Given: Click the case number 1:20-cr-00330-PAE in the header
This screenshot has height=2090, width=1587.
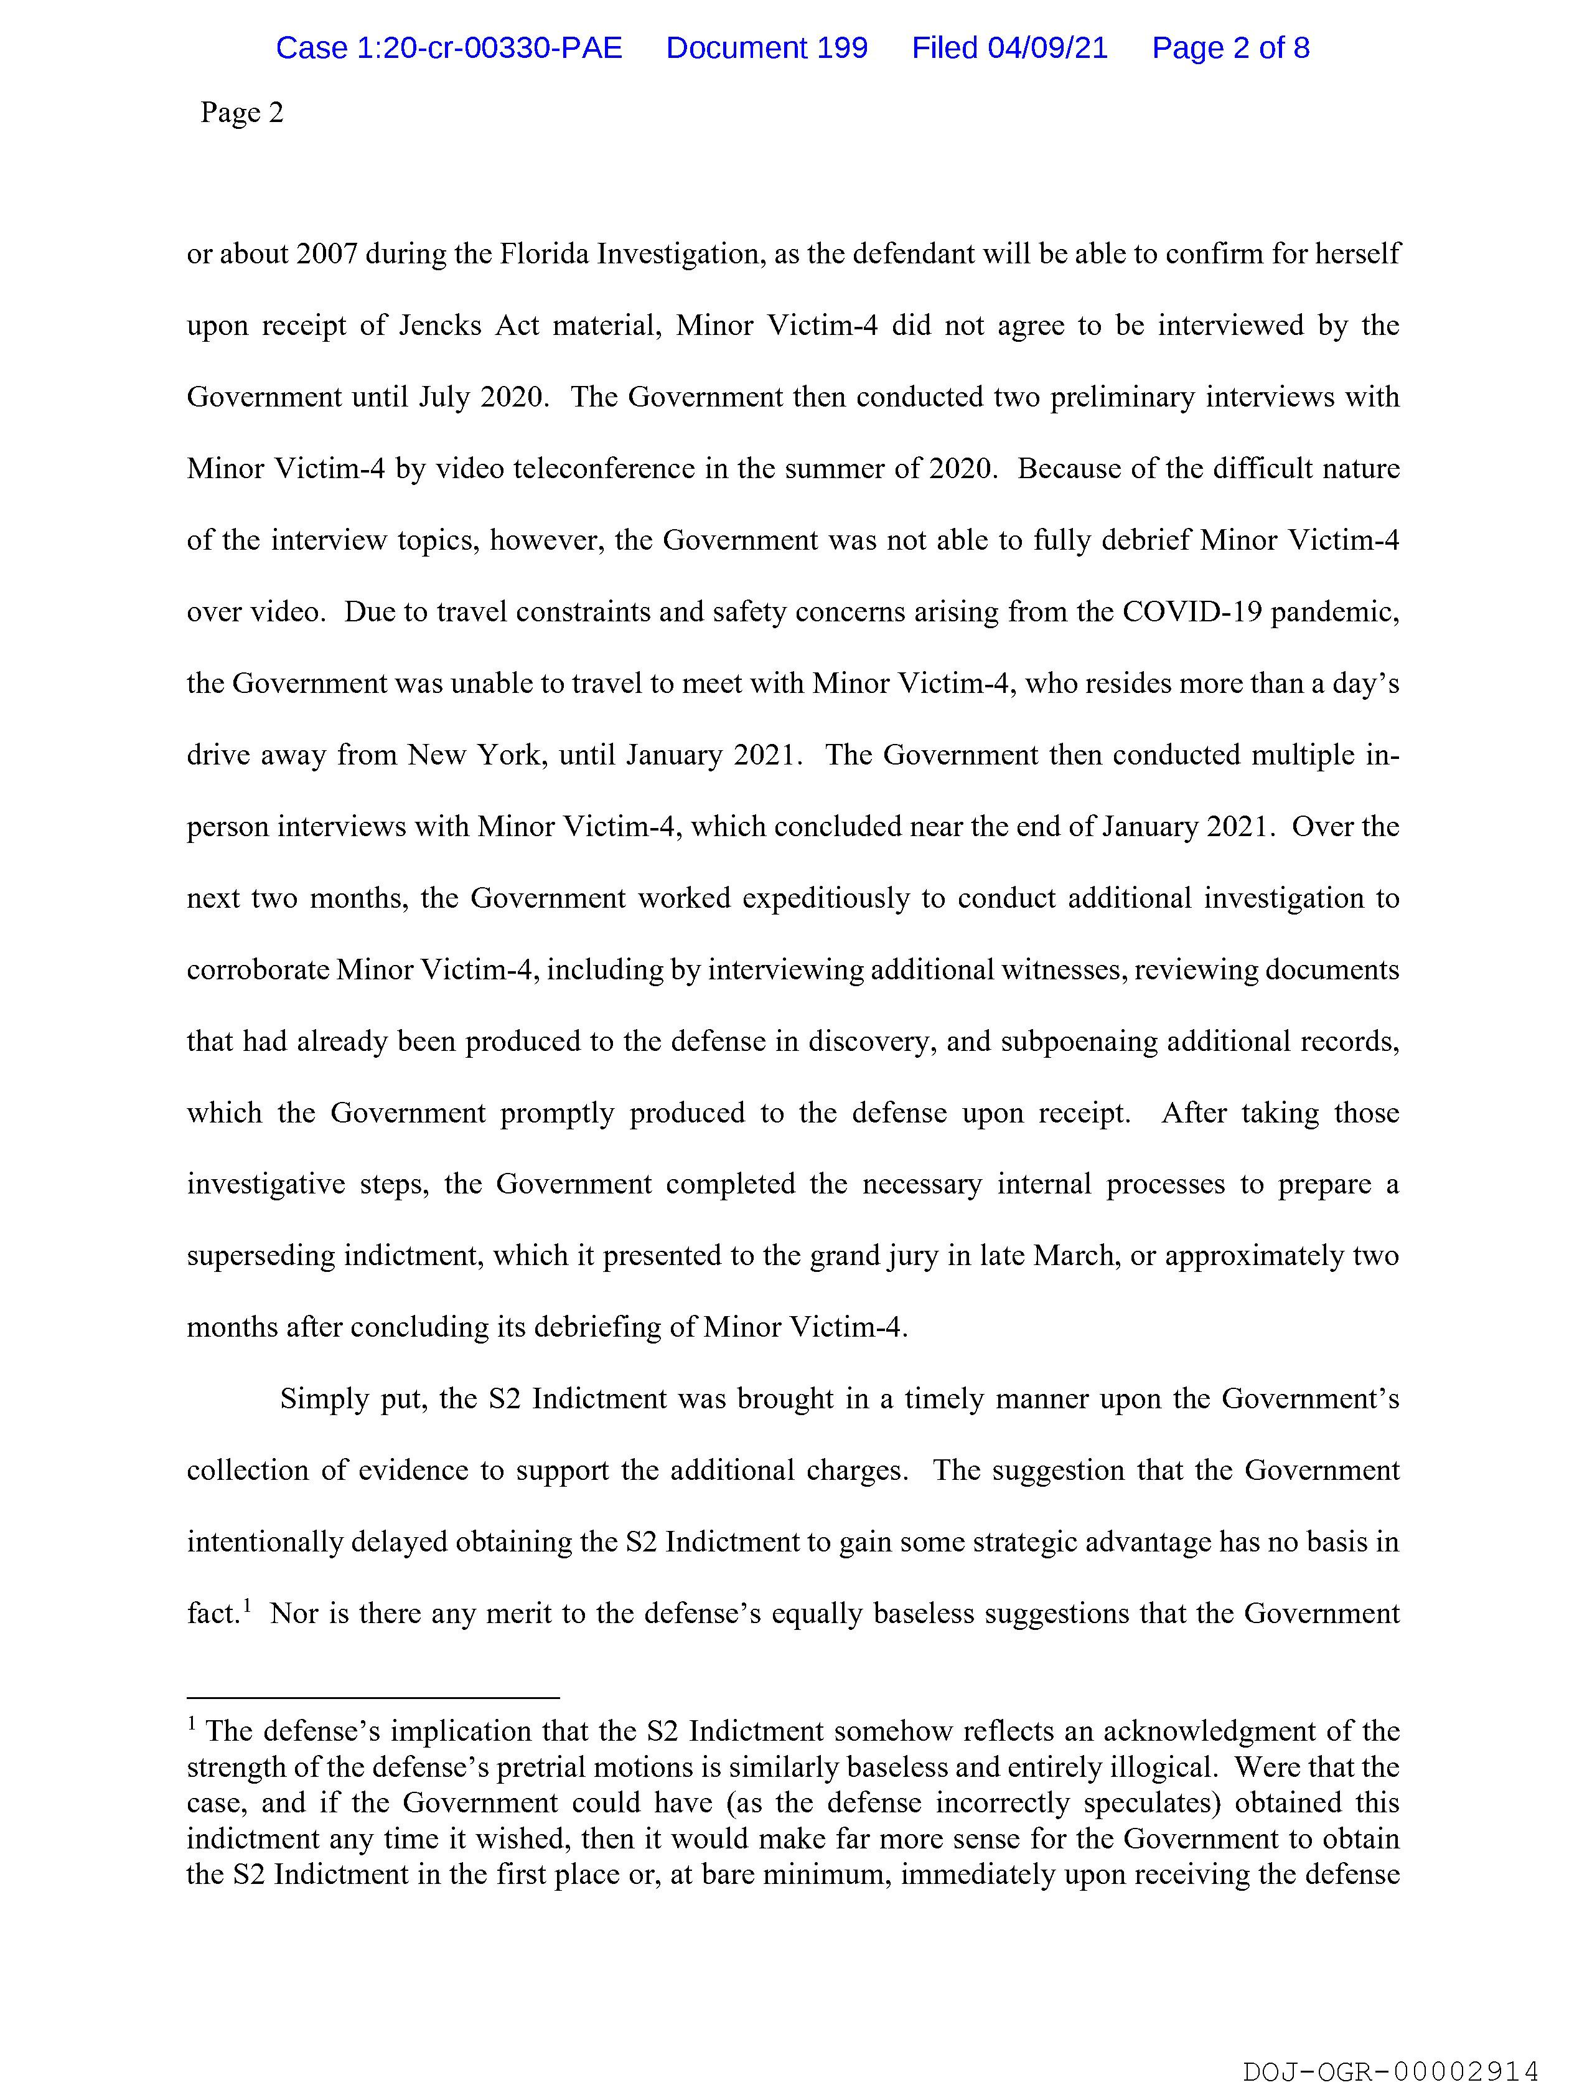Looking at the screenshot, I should point(449,48).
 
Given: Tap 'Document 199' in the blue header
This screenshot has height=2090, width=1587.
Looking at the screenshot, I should point(766,48).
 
